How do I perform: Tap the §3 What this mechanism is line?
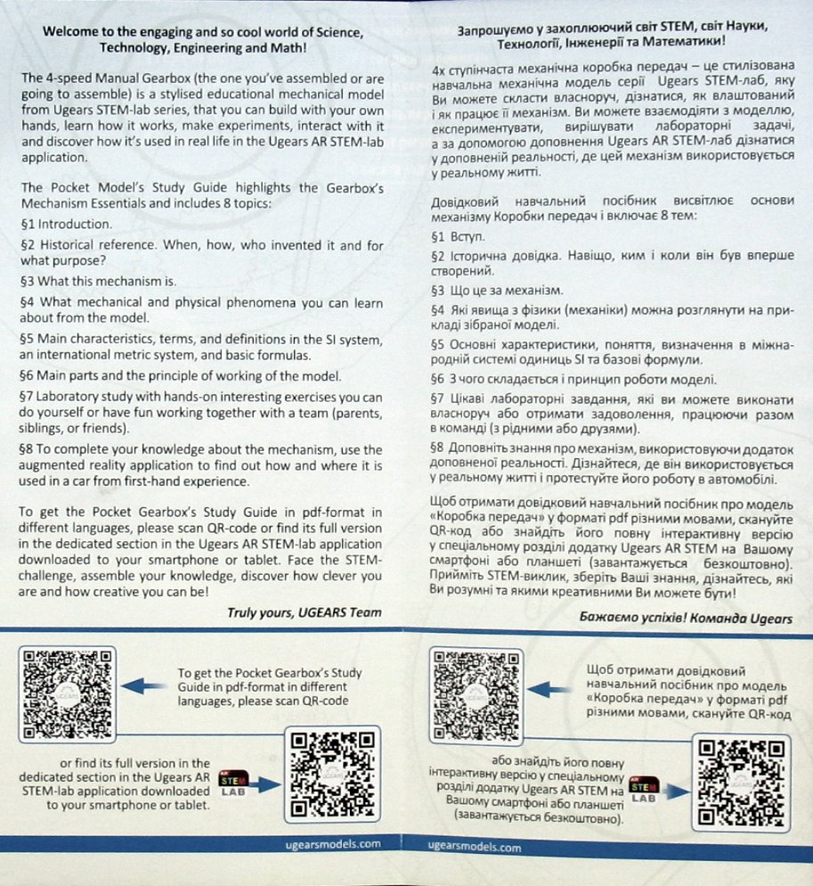coord(98,280)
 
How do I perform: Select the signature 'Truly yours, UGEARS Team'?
coord(305,611)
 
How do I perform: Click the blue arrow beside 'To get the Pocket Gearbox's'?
coord(143,685)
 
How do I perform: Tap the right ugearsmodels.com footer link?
coord(475,847)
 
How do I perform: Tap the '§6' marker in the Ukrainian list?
coord(437,379)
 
